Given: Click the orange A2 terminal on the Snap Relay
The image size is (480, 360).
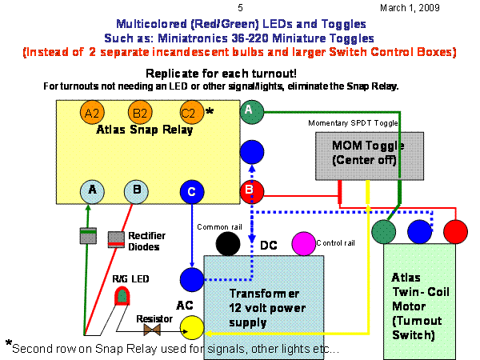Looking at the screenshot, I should (x=92, y=113).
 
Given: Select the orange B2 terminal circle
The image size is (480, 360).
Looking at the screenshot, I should (x=141, y=113).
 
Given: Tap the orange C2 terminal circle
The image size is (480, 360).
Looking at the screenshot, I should (x=190, y=113).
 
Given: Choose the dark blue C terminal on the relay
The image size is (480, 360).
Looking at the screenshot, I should (x=190, y=192).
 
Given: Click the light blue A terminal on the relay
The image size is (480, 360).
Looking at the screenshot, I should (x=93, y=192).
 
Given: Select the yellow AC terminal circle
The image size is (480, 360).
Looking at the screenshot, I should (x=191, y=326).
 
